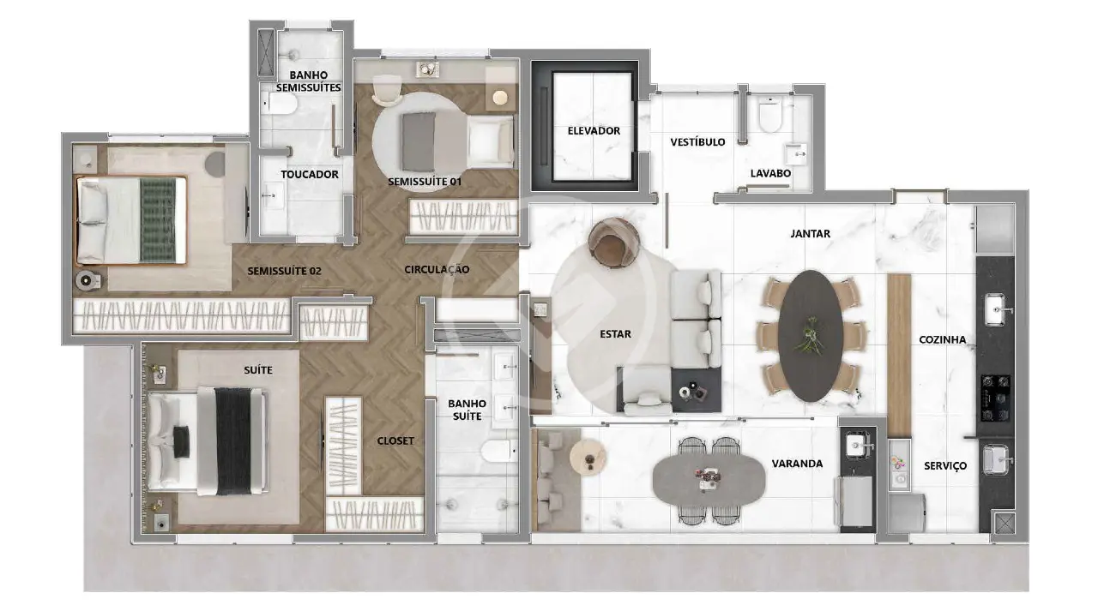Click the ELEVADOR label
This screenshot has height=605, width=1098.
(x=594, y=131)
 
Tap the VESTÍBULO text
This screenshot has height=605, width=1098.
(x=697, y=142)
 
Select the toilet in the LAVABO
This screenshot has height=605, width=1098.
(x=770, y=114)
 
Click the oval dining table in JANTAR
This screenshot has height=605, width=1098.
(x=811, y=336)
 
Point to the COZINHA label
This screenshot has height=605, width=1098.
(x=942, y=339)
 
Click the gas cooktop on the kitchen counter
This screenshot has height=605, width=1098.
(x=995, y=398)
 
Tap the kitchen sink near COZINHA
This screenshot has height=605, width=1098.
(x=997, y=309)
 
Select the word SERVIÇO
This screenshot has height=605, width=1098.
(x=945, y=466)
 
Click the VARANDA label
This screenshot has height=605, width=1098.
(x=797, y=464)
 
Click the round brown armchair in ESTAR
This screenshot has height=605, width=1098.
(x=613, y=243)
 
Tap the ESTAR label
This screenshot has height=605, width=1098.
(x=615, y=334)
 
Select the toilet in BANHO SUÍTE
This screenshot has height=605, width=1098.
(x=499, y=451)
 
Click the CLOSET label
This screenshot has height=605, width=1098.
(x=395, y=441)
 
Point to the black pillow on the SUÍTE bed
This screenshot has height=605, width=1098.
(x=181, y=442)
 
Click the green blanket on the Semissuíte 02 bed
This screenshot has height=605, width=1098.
(x=158, y=219)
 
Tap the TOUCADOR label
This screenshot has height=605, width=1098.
(x=310, y=174)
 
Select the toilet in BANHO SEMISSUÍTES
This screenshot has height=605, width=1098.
(x=280, y=104)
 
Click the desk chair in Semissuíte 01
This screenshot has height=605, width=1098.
(x=387, y=90)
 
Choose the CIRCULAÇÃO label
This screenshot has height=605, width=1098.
(x=437, y=269)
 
